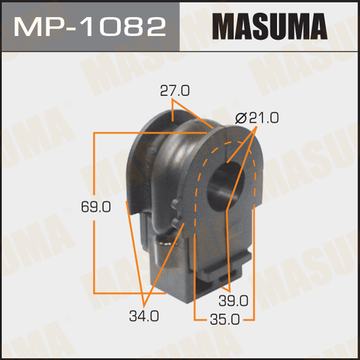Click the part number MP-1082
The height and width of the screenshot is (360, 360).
[90, 26]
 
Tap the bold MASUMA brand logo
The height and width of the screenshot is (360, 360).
[270, 26]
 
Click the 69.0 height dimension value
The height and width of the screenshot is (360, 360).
[95, 207]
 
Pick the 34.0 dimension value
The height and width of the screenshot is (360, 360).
[144, 316]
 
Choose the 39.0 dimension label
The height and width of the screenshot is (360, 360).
[234, 300]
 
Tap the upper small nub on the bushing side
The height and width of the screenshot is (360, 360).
[176, 203]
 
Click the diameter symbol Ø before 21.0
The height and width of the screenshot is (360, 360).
[240, 118]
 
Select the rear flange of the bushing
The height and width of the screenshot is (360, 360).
[144, 151]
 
